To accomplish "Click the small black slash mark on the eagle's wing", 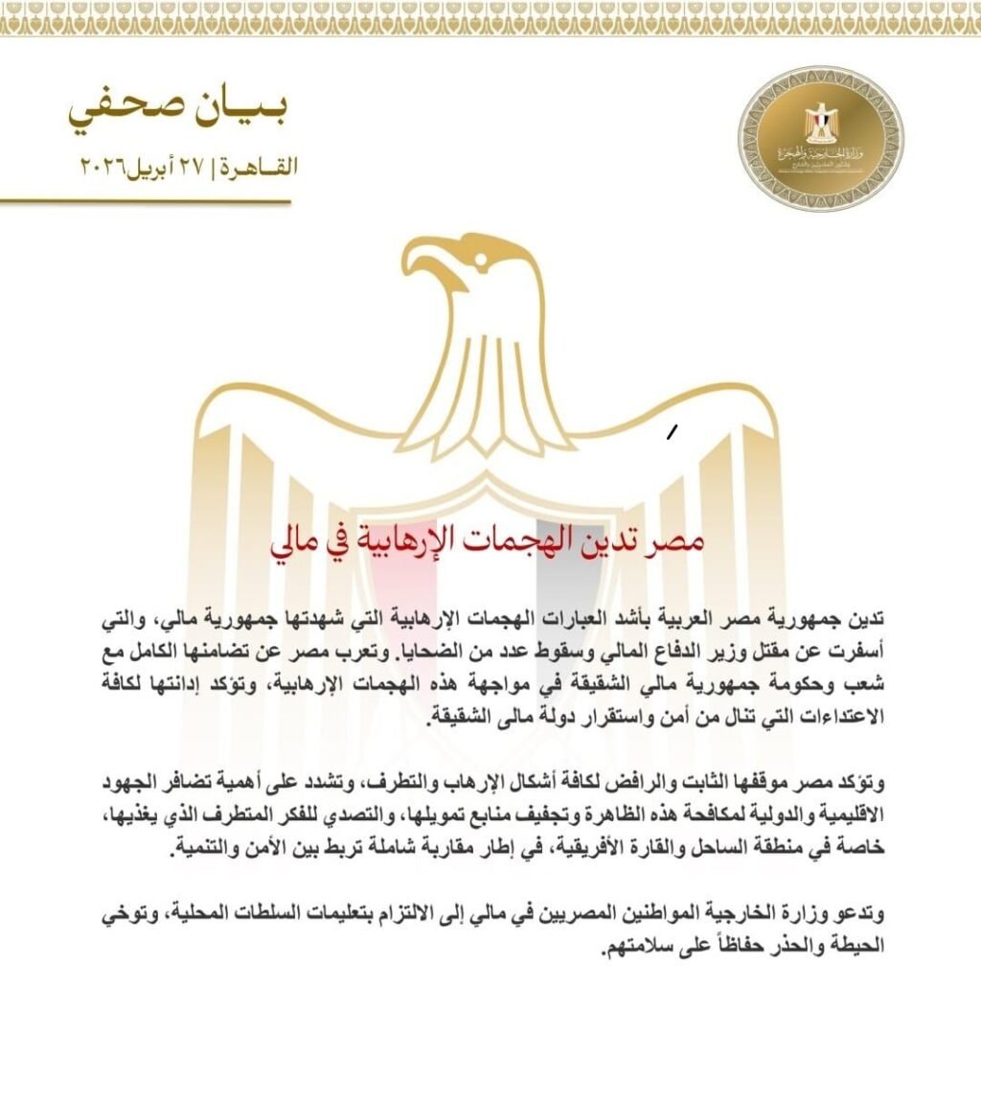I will click(673, 433).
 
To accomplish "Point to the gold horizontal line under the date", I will click(144, 202).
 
